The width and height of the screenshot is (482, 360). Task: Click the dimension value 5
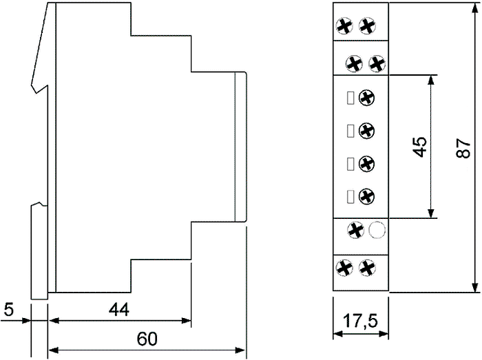tap(9, 309)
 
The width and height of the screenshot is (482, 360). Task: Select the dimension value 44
tap(119, 309)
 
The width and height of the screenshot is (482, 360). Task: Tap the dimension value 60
tap(147, 339)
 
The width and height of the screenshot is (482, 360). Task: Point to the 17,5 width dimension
tap(360, 321)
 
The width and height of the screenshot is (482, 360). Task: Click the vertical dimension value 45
tap(420, 147)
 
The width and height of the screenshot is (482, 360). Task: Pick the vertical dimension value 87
tap(463, 149)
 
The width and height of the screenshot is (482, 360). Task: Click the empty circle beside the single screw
tap(377, 230)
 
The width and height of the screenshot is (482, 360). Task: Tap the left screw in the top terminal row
tap(344, 26)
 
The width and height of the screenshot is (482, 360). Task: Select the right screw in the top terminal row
tap(367, 26)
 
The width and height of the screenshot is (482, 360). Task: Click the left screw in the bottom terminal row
tap(344, 268)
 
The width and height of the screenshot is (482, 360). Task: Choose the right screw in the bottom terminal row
tap(367, 268)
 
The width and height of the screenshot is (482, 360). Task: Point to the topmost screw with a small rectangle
tap(367, 98)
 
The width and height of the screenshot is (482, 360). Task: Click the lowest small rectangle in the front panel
tap(350, 197)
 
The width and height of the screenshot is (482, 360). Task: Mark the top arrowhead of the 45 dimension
tap(431, 80)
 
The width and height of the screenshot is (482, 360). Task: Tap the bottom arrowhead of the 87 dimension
tap(475, 288)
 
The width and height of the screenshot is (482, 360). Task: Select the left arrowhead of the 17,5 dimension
tap(339, 334)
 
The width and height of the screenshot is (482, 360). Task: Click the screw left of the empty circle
tap(356, 230)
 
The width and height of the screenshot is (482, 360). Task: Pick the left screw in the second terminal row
tap(354, 64)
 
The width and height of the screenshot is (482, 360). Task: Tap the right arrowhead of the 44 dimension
tap(187, 321)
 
